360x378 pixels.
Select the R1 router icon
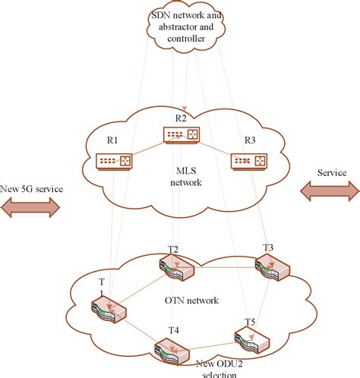click(x=114, y=161)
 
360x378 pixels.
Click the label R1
click(x=112, y=140)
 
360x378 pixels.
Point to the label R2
click(x=180, y=118)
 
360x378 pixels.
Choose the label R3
click(x=250, y=140)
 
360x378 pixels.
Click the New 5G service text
click(x=32, y=187)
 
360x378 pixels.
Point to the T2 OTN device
click(x=176, y=267)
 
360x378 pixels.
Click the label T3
click(x=268, y=247)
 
